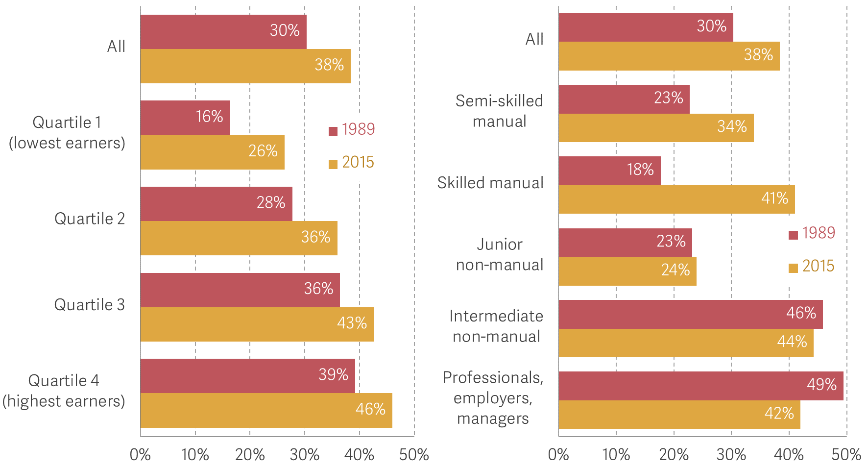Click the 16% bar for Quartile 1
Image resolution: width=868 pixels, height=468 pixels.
[185, 118]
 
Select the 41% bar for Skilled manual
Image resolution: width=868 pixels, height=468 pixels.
[676, 199]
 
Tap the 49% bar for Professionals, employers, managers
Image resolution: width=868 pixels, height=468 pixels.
[700, 386]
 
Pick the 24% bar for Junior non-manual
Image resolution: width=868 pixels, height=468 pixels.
[627, 271]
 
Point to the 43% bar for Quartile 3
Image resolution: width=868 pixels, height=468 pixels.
[257, 324]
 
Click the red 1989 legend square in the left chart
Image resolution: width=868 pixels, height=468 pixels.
[333, 131]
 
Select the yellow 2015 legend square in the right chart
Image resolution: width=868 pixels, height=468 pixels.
[793, 268]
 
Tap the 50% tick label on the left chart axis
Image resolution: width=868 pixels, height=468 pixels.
[414, 455]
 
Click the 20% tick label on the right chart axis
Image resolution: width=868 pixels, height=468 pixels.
[674, 455]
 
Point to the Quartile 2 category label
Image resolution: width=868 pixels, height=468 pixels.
[90, 219]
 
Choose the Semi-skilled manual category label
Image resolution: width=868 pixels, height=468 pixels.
[499, 111]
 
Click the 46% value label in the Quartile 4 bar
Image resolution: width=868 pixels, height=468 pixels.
[370, 409]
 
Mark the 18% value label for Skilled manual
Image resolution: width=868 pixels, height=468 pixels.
[640, 170]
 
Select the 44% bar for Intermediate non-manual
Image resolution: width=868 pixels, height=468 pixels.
[686, 343]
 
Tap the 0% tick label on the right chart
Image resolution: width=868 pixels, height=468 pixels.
[558, 455]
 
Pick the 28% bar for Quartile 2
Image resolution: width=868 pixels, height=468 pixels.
[216, 204]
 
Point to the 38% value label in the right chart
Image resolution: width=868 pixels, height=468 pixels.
[758, 54]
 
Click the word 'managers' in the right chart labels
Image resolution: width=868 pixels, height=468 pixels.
[493, 419]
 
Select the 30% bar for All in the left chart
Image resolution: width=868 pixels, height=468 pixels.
[223, 32]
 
